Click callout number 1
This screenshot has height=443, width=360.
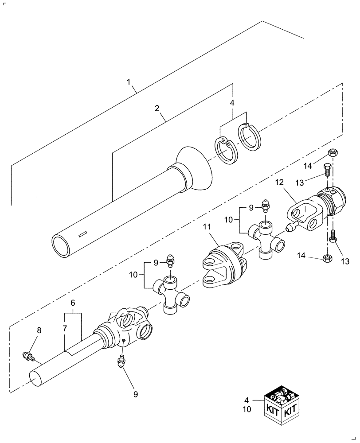click(129, 82)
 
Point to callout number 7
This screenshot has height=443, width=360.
click(65, 329)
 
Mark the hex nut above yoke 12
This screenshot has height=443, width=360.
click(333, 153)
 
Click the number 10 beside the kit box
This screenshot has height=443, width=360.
click(247, 409)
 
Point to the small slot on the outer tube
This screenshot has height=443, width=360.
click(82, 234)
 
